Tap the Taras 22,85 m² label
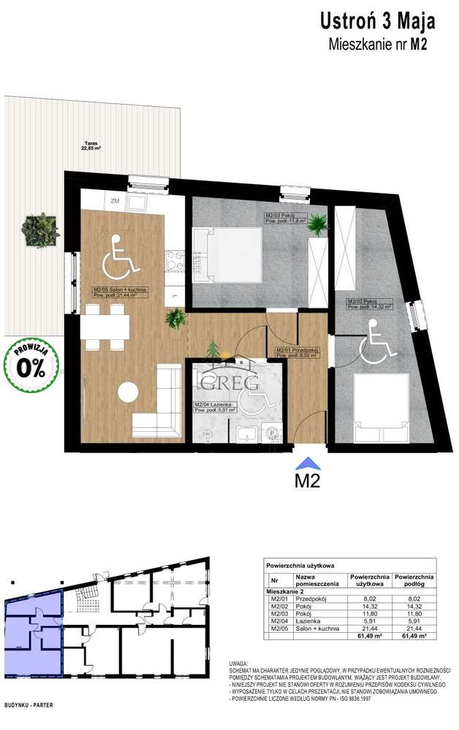tap(91, 147)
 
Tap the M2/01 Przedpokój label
tap(297, 354)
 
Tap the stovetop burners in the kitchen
tap(174, 259)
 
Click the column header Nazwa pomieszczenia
tap(316, 579)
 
